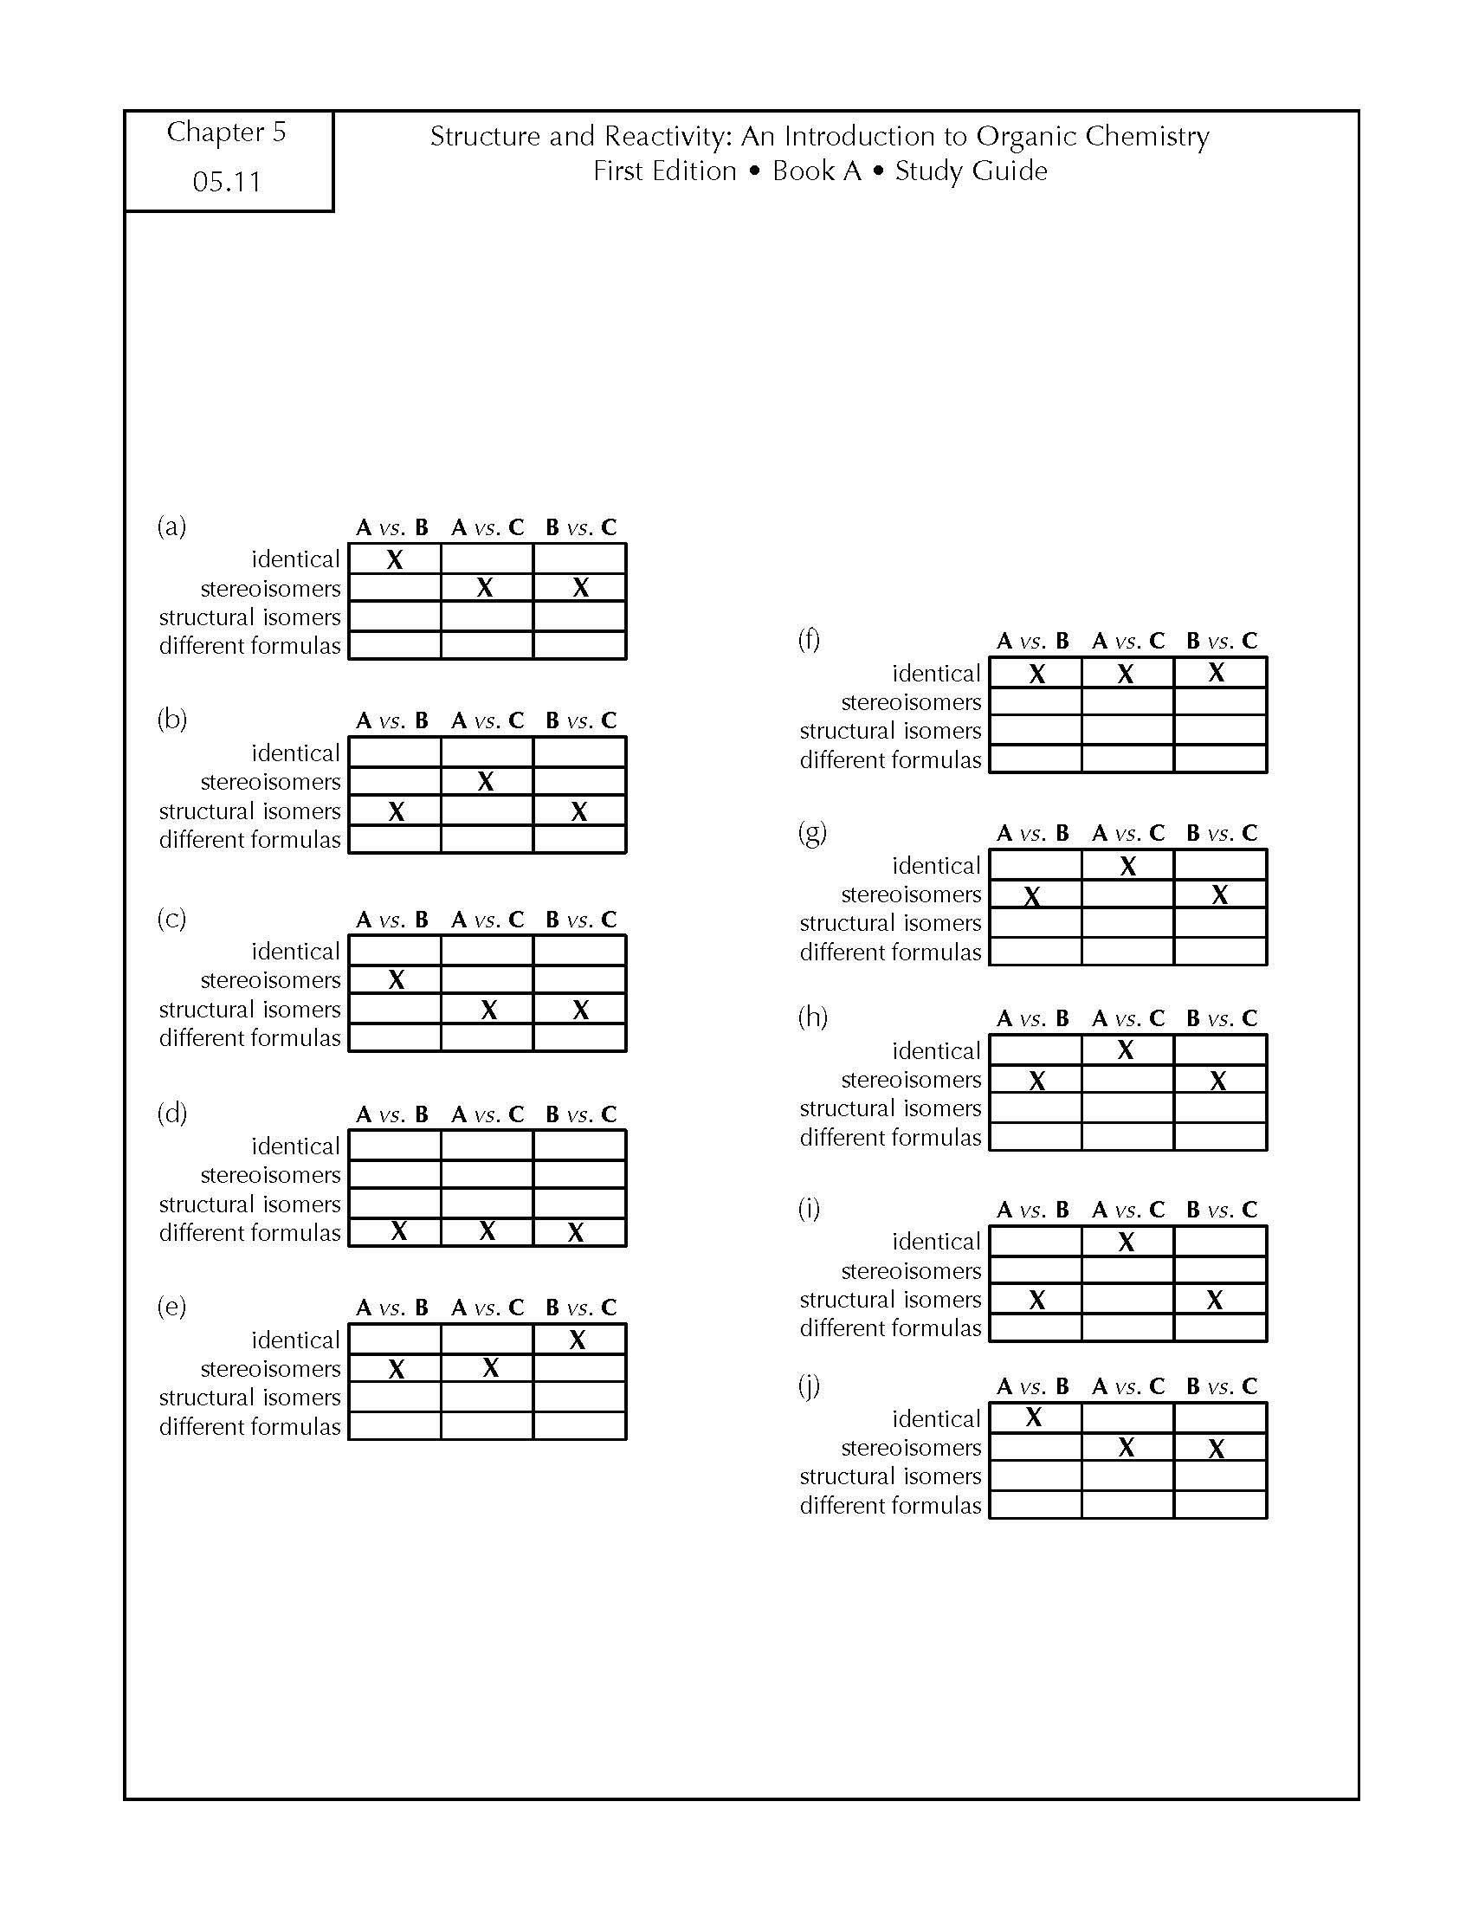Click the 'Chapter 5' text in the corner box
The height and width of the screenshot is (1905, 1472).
pyautogui.click(x=226, y=132)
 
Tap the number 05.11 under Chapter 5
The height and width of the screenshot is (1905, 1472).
pyautogui.click(x=227, y=182)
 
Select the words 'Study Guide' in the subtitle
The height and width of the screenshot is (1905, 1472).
pyautogui.click(x=972, y=171)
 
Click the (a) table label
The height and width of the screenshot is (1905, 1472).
pyautogui.click(x=171, y=526)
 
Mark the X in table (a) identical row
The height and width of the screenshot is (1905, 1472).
pyautogui.click(x=395, y=559)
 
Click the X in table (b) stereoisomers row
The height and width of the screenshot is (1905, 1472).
pyautogui.click(x=486, y=781)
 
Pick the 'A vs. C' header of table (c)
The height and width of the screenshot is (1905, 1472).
pyautogui.click(x=487, y=920)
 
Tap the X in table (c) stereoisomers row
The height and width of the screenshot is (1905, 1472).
pyautogui.click(x=396, y=979)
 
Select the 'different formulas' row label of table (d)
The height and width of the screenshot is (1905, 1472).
pyautogui.click(x=249, y=1232)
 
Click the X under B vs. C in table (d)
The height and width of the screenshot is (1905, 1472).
pyautogui.click(x=576, y=1231)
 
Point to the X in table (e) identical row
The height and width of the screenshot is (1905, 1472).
pyautogui.click(x=578, y=1340)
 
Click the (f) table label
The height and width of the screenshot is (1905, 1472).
pyautogui.click(x=810, y=639)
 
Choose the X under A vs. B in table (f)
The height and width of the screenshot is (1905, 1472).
pyautogui.click(x=1036, y=674)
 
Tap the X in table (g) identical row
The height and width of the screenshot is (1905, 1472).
pyautogui.click(x=1128, y=866)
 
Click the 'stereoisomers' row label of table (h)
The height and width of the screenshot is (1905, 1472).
pyautogui.click(x=911, y=1080)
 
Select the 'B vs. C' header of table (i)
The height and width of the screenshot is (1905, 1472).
pyautogui.click(x=1222, y=1210)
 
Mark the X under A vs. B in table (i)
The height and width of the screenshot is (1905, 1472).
pyautogui.click(x=1036, y=1300)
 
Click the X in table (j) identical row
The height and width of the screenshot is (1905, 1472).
pyautogui.click(x=1034, y=1417)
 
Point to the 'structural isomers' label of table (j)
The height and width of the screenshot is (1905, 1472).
pyautogui.click(x=890, y=1476)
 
